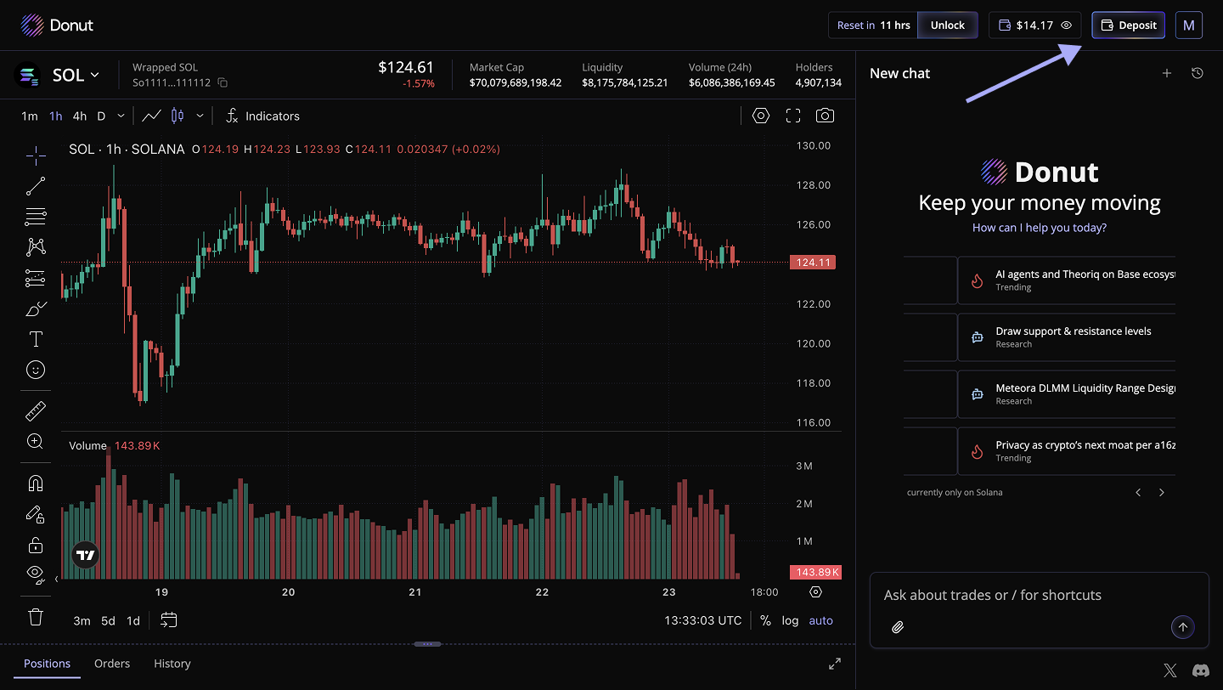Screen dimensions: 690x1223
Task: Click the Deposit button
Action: [1128, 25]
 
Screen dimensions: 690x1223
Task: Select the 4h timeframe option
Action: [79, 116]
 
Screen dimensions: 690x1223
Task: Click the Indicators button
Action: [263, 116]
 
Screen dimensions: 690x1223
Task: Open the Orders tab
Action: [112, 664]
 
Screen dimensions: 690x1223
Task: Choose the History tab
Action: [172, 664]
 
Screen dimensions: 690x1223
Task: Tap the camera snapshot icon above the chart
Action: [825, 116]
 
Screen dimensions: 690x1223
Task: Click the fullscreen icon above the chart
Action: [793, 116]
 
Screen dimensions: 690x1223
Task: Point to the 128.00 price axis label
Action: [814, 185]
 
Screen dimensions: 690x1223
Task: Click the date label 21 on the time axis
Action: [415, 592]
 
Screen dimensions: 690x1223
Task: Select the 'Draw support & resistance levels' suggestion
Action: [1073, 337]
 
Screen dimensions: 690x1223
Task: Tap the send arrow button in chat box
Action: [1182, 627]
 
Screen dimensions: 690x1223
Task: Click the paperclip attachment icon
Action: [898, 627]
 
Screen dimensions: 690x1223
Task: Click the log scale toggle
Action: [790, 620]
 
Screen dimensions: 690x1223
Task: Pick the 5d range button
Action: [108, 620]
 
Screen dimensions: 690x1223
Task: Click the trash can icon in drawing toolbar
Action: [36, 617]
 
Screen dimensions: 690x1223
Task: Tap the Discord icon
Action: [1201, 670]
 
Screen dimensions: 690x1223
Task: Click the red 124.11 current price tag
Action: [813, 263]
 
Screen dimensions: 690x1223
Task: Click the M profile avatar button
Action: [1189, 25]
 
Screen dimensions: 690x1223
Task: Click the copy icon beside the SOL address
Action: [223, 82]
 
